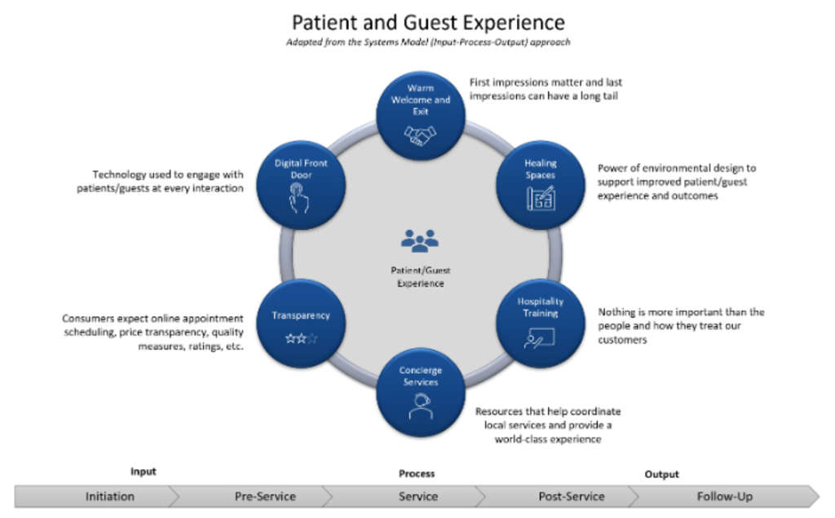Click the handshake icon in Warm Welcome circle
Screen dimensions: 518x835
pyautogui.click(x=421, y=135)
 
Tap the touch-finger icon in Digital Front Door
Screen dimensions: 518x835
pyautogui.click(x=299, y=197)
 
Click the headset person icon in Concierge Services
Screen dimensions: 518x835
pyautogui.click(x=420, y=405)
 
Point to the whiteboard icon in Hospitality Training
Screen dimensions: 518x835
pyautogui.click(x=540, y=337)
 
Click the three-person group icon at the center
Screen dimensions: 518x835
pyautogui.click(x=420, y=240)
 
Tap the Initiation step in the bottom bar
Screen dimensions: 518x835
pyautogui.click(x=110, y=496)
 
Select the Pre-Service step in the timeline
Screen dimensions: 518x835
pyautogui.click(x=265, y=496)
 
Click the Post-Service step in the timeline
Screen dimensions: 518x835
pyautogui.click(x=571, y=496)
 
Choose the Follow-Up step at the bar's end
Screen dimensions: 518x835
pyautogui.click(x=724, y=496)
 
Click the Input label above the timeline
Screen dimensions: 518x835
pyautogui.click(x=143, y=472)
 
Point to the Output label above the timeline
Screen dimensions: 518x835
pyautogui.click(x=661, y=474)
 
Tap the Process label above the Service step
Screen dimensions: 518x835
pyautogui.click(x=417, y=473)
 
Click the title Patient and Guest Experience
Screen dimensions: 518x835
pyautogui.click(x=428, y=21)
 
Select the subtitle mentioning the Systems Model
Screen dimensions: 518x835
pyautogui.click(x=428, y=42)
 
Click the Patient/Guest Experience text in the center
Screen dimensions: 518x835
pyautogui.click(x=420, y=277)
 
